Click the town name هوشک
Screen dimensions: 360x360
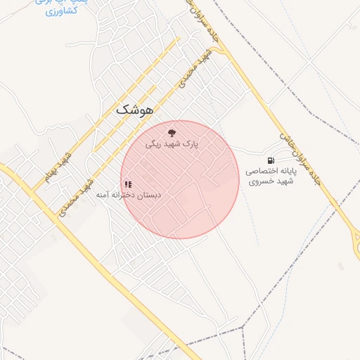click(132, 110)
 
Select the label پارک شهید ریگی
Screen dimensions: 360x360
click(172, 144)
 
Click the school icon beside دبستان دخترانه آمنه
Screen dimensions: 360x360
click(128, 184)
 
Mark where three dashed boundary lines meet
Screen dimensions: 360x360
click(241, 328)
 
